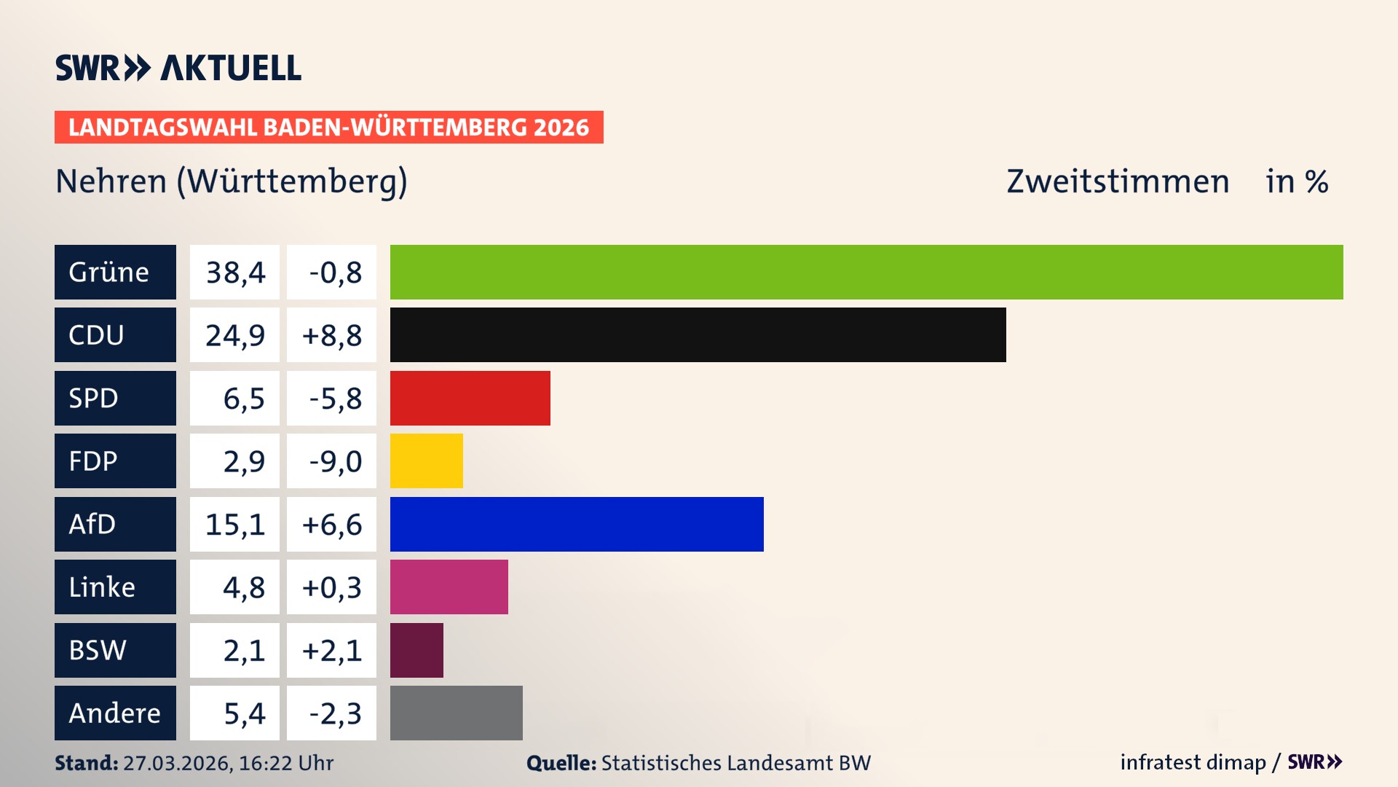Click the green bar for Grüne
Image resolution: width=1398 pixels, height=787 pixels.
(x=866, y=272)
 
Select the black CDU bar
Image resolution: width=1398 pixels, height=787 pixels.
(x=698, y=334)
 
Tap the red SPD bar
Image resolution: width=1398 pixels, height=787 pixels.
(x=470, y=398)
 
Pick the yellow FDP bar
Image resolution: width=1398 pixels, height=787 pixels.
(x=426, y=461)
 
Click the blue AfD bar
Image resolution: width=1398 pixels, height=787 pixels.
(x=577, y=524)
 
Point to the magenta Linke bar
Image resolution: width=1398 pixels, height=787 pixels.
(x=449, y=587)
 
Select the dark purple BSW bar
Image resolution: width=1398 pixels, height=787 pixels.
(x=416, y=650)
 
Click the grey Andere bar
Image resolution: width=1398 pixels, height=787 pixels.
(x=456, y=713)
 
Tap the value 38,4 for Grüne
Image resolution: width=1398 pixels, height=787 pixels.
(x=235, y=273)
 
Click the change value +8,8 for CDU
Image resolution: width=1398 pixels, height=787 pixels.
(x=332, y=335)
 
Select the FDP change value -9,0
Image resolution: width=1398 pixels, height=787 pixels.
(x=335, y=461)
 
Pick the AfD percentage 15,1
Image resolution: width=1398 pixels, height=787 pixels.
(x=235, y=525)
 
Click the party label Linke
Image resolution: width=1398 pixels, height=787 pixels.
(x=102, y=587)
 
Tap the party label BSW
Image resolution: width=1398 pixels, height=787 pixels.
(x=98, y=650)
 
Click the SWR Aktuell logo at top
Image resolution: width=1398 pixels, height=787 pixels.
(x=178, y=68)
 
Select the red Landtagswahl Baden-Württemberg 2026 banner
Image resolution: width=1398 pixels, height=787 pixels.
(x=328, y=127)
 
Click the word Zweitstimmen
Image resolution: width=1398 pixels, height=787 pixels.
(x=1118, y=181)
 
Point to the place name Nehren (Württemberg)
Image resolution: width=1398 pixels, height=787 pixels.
(x=232, y=181)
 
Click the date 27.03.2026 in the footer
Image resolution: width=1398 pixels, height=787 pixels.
(x=177, y=763)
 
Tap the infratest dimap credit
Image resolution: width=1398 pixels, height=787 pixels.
(x=1193, y=762)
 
